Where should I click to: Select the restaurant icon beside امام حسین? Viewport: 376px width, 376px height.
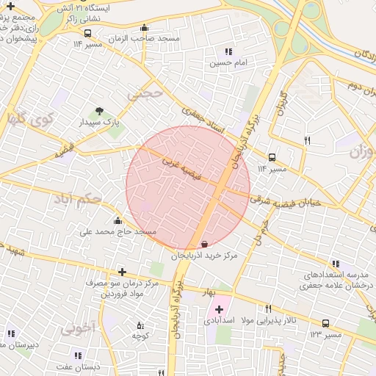[228, 52]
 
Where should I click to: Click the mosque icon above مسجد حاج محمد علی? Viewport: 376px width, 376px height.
[117, 220]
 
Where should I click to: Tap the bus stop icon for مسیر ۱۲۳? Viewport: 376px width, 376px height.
[325, 323]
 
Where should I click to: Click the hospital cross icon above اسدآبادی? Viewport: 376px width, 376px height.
[219, 309]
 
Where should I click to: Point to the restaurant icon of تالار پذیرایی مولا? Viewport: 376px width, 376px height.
[268, 309]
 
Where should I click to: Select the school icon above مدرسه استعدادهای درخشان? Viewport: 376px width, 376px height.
[336, 264]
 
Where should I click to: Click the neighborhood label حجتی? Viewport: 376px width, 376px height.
[144, 93]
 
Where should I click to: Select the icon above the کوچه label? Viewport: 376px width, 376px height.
[140, 325]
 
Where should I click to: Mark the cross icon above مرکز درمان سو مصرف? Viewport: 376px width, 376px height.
[121, 272]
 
